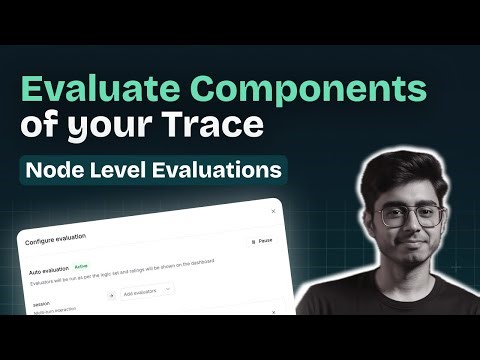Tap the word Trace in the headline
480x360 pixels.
click(x=216, y=126)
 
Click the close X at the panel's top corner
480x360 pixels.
click(x=273, y=211)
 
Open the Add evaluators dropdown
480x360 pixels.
click(x=144, y=290)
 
